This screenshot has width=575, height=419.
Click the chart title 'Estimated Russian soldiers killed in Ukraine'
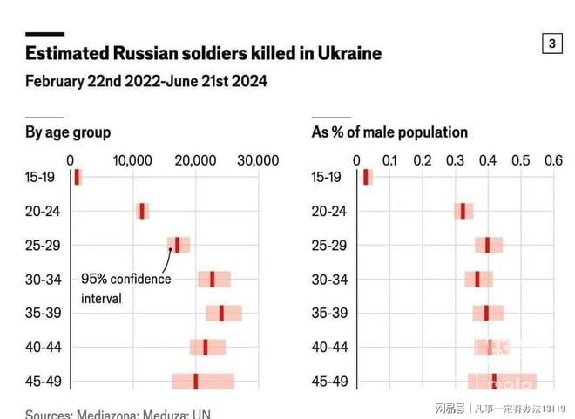203,53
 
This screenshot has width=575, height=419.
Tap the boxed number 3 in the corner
552,44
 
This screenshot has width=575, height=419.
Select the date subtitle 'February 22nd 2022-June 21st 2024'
145,82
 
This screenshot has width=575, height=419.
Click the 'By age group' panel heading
68,132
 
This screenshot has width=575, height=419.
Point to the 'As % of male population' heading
389,132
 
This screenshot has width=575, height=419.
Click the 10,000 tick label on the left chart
133,160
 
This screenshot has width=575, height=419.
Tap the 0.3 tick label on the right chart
456,160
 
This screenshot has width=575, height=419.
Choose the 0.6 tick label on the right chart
553,160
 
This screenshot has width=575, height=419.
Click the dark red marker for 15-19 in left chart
78,177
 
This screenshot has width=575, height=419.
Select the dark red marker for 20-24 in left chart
142,211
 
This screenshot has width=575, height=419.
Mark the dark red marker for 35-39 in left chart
221,313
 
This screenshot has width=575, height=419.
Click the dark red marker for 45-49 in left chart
195,381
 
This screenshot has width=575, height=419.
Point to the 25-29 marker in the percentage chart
488,245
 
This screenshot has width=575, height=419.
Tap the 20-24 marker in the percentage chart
463,211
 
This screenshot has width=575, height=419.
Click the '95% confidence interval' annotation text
125,288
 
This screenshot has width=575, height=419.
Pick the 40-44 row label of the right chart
329,347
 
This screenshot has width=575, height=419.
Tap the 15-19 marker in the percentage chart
367,177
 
